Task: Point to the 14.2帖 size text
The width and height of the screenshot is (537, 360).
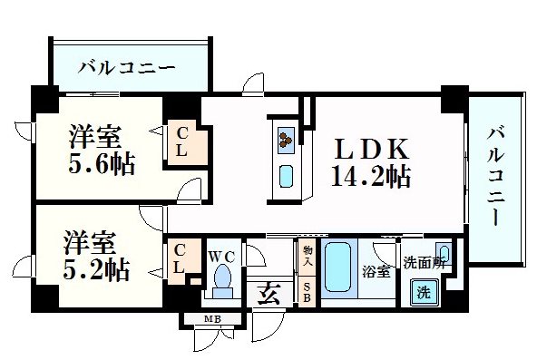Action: [x=372, y=175]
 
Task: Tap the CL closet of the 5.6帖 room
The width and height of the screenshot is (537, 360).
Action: [x=182, y=141]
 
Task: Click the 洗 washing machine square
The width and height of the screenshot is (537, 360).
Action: [x=423, y=292]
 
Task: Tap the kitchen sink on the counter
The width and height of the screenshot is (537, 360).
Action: [x=286, y=173]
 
